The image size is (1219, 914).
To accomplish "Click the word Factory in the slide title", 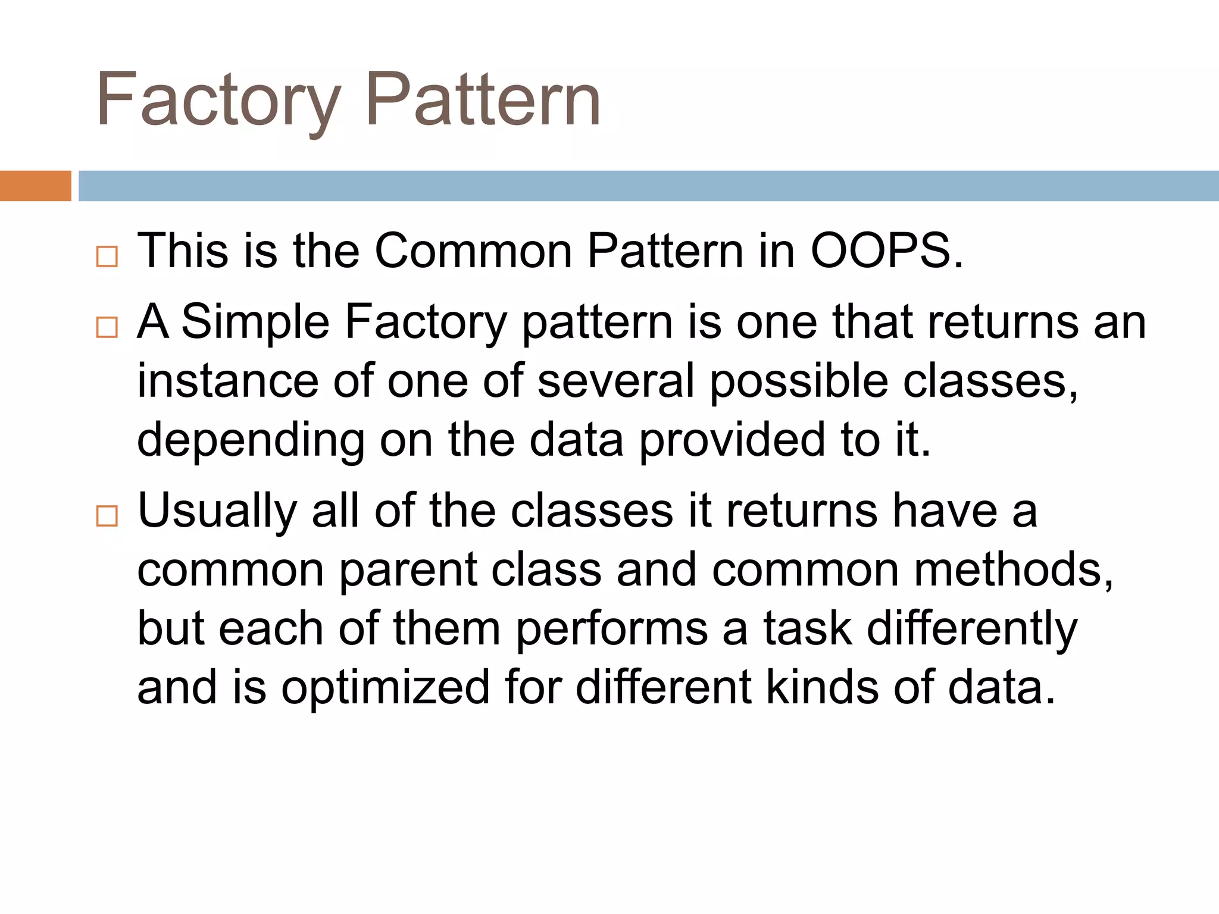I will point(218,100).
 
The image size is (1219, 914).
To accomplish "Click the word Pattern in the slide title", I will point(483,100).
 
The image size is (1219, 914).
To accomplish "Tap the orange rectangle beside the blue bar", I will point(35,186).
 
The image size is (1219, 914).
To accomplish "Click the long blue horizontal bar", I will point(648,186).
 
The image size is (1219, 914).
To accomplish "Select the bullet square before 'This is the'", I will point(107,257).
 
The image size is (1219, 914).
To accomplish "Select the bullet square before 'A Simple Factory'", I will point(107,327).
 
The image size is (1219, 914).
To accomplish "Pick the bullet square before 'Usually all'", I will point(107,516).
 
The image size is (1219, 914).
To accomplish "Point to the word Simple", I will point(255,322).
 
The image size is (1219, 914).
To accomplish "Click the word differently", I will point(971,629).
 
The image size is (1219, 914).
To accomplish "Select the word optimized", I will point(385,688).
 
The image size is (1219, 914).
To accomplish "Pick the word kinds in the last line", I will point(821,688).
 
